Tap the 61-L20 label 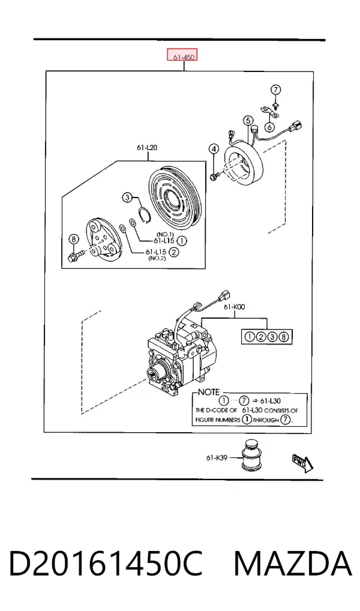point(147,147)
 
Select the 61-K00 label point(235,307)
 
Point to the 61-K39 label point(217,457)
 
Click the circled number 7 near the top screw point(275,89)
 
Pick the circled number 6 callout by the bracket point(269,127)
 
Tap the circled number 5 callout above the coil point(248,121)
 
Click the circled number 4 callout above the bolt point(213,149)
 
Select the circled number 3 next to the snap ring point(127,197)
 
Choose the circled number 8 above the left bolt point(73,239)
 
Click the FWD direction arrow point(302,462)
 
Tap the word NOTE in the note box point(208,393)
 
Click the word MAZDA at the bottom point(293,564)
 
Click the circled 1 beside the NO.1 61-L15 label point(182,241)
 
